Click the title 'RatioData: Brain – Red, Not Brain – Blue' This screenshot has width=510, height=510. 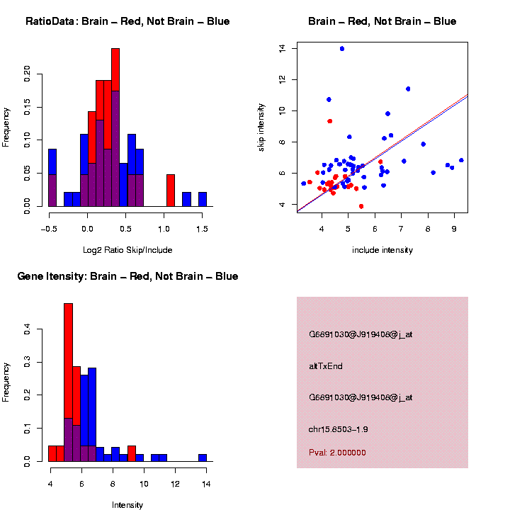[x=127, y=21]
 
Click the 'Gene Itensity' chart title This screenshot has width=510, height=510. [x=127, y=276]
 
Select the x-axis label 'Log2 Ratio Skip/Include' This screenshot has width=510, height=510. [x=127, y=249]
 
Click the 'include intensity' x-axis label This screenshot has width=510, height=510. [x=382, y=250]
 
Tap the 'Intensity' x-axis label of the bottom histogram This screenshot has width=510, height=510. [x=127, y=505]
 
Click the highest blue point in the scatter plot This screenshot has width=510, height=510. [x=342, y=49]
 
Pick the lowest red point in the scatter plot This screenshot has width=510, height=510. [x=361, y=206]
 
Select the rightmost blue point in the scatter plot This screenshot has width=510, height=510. [x=461, y=160]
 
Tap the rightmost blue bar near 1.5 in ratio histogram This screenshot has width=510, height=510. [x=203, y=200]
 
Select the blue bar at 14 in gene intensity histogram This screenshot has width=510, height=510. [x=203, y=458]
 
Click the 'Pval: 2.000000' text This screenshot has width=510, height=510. [x=337, y=453]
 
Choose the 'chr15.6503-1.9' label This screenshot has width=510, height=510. [x=339, y=429]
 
